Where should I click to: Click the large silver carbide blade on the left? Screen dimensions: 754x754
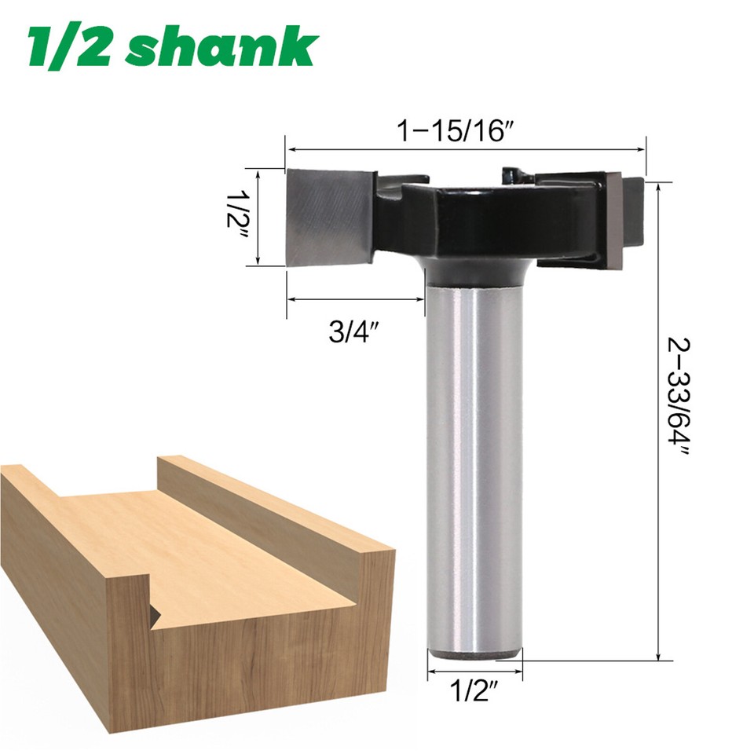point(328,216)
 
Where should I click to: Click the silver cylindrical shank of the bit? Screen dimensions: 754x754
point(474,471)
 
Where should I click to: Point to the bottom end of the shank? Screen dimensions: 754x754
point(474,653)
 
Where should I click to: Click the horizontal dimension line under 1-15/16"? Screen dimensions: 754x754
point(465,148)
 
